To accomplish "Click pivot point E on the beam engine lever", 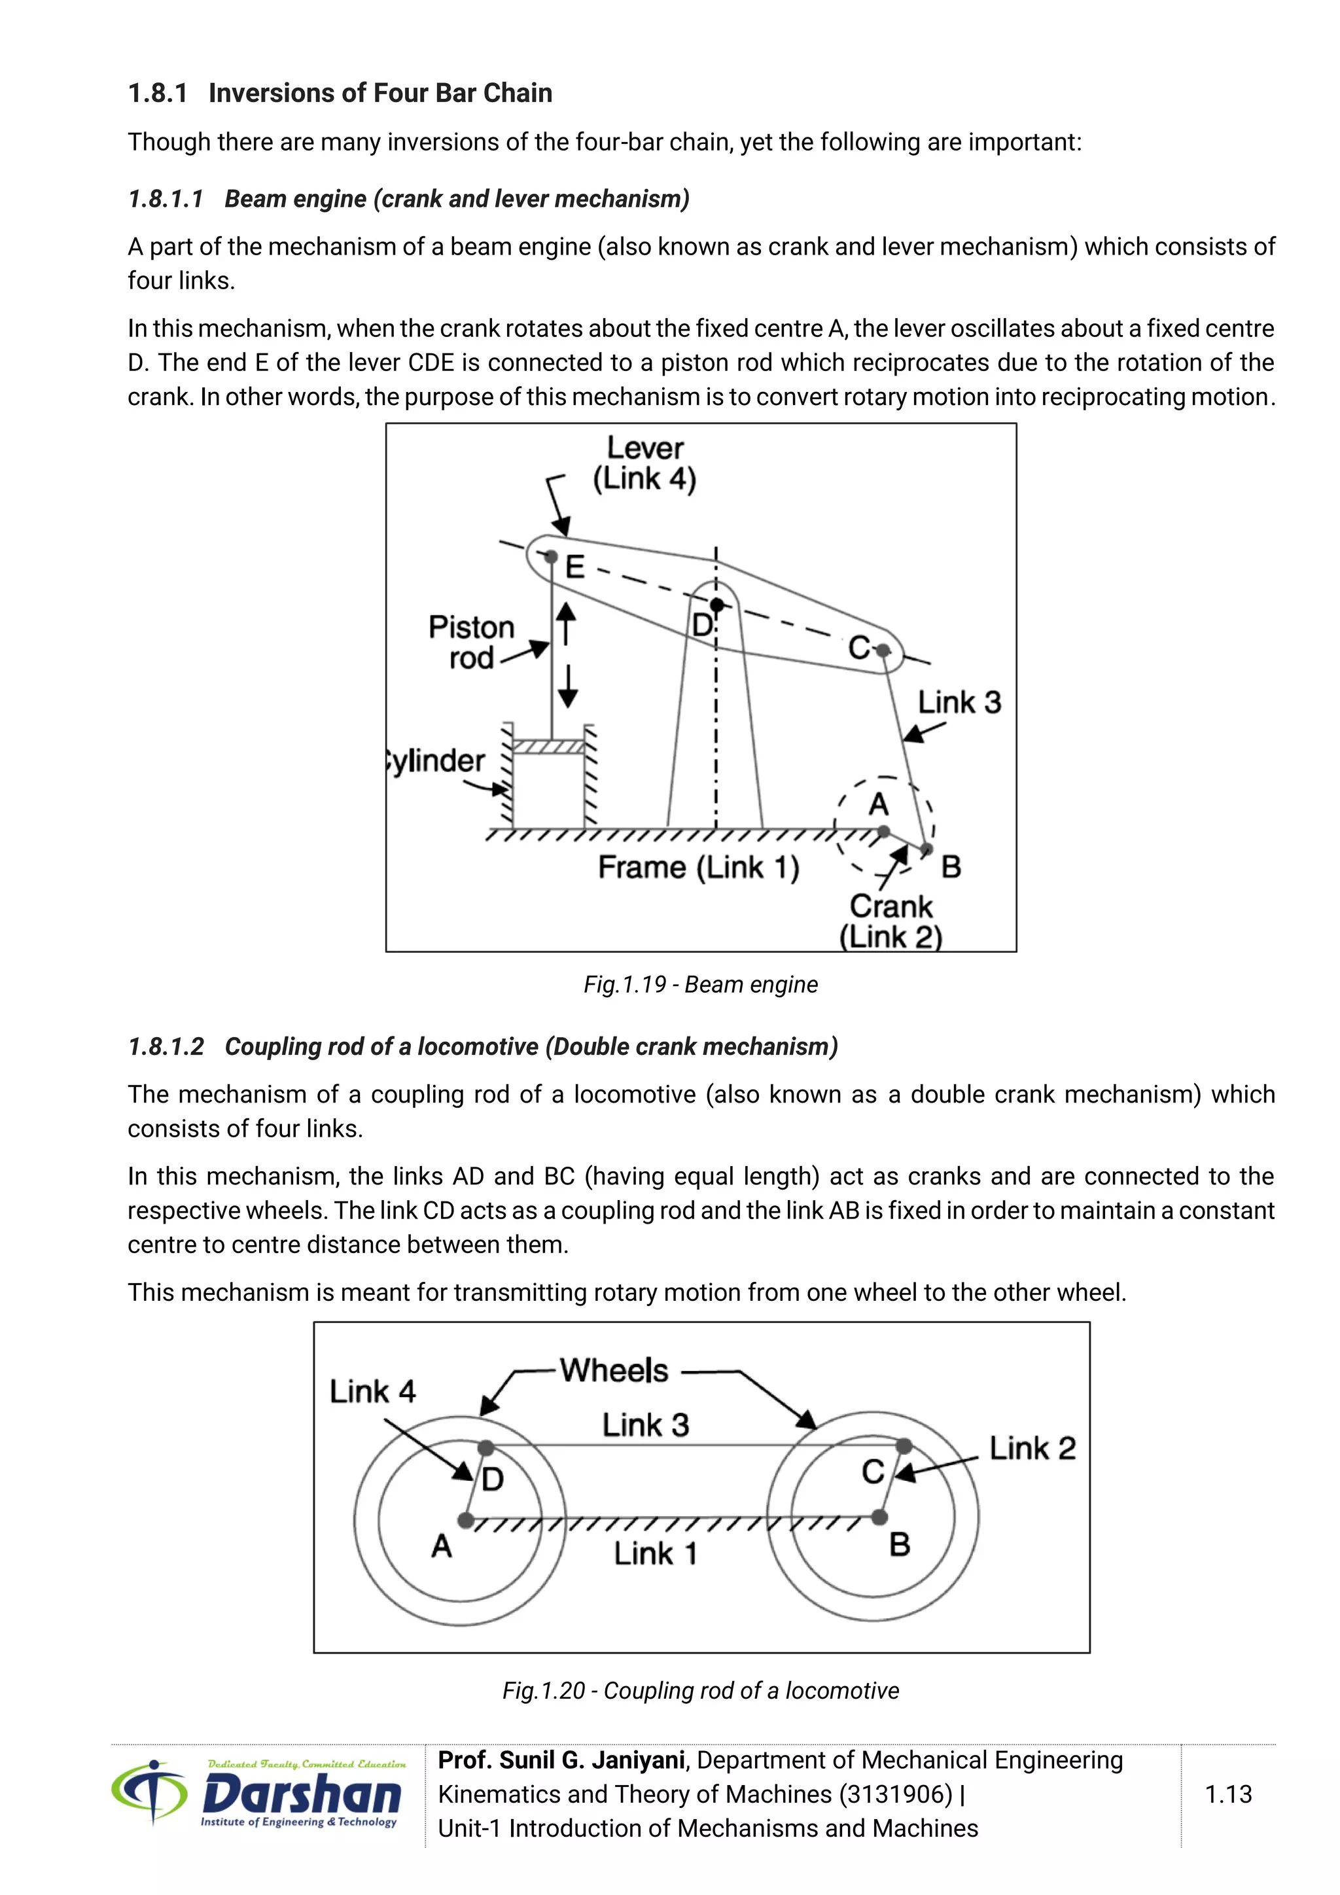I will (551, 556).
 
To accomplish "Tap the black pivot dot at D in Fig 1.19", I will (716, 605).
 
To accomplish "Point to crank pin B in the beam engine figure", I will (926, 849).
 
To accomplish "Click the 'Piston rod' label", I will (471, 642).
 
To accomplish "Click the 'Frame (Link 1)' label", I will (698, 868).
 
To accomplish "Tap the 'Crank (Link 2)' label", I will (890, 921).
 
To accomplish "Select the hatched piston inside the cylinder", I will (549, 747).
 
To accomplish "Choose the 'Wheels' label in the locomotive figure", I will (614, 1370).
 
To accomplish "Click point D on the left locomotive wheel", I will (486, 1447).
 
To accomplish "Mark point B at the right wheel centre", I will (879, 1516).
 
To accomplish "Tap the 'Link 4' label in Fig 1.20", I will (372, 1392).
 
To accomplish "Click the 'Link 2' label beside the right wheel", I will (1032, 1449).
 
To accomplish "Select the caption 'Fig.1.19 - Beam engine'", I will (701, 985).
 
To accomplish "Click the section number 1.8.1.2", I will (166, 1046).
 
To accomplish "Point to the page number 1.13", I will (1227, 1794).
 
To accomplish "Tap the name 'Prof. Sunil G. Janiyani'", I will (561, 1760).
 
